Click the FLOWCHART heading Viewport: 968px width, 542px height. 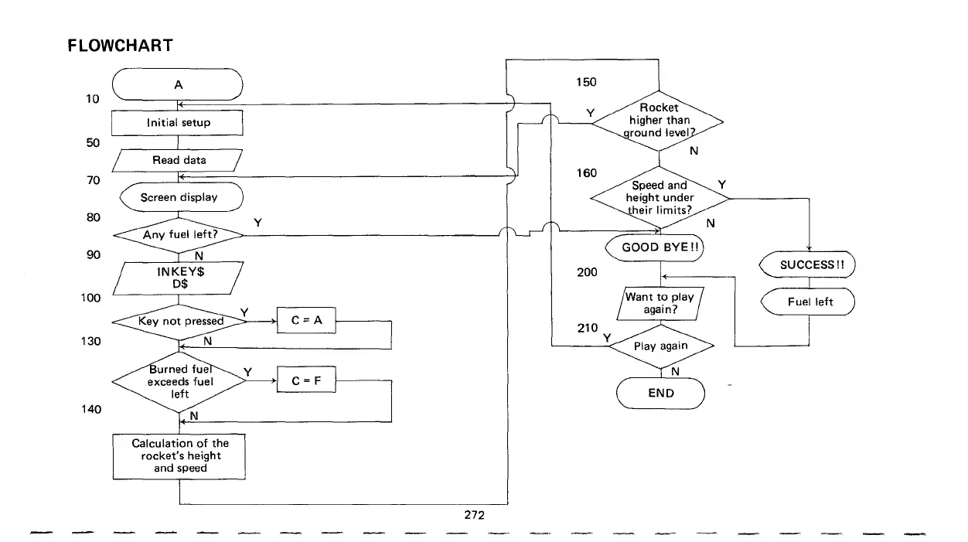click(120, 46)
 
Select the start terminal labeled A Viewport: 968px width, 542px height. click(179, 85)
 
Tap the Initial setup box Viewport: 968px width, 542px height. click(179, 123)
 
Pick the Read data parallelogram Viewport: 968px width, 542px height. click(179, 160)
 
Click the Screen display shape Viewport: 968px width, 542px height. click(179, 197)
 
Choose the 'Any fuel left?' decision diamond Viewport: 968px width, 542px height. click(179, 234)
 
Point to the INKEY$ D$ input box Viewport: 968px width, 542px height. click(179, 276)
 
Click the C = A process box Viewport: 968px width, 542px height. click(307, 321)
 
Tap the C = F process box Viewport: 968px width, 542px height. click(307, 380)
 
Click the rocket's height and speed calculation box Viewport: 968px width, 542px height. click(180, 455)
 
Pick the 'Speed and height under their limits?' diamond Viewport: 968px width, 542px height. click(660, 197)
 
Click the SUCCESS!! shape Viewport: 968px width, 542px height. click(809, 264)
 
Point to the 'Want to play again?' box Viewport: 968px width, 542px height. click(660, 302)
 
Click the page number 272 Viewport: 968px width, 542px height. click(474, 514)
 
